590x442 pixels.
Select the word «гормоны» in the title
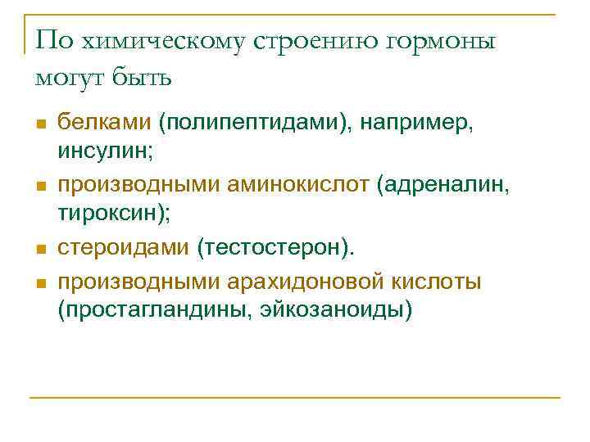click(x=442, y=43)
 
